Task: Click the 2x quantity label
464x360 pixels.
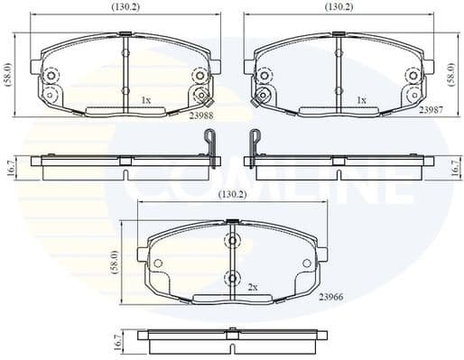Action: [x=253, y=286]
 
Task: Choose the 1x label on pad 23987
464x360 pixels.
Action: [x=361, y=100]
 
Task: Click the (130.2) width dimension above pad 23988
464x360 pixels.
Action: [x=125, y=7]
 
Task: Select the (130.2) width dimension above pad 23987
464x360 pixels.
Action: [x=339, y=7]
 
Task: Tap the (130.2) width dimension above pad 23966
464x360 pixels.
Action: [x=234, y=194]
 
